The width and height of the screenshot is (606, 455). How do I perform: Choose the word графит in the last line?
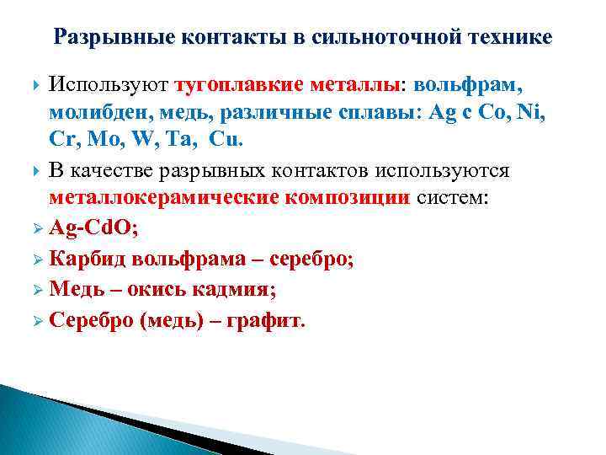tap(274, 321)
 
